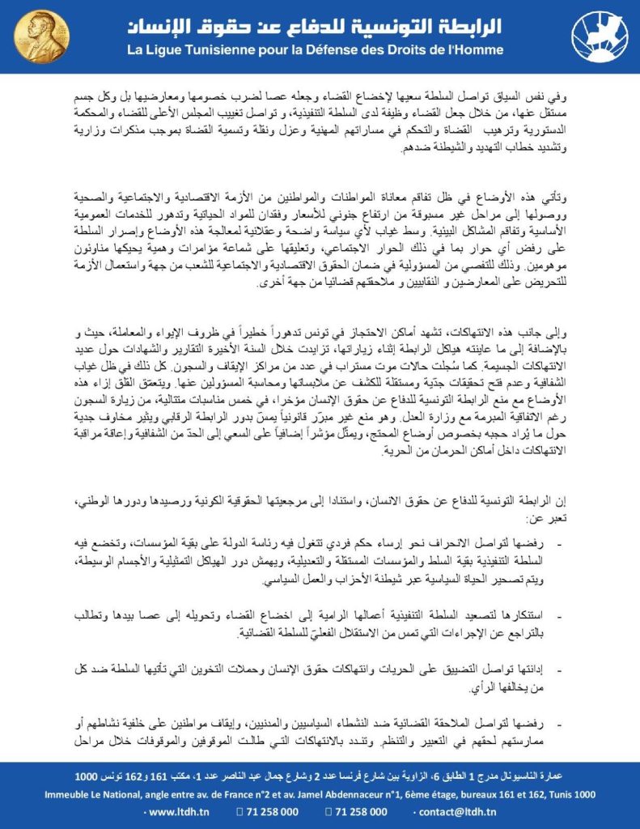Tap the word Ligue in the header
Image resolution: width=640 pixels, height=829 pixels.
(x=173, y=50)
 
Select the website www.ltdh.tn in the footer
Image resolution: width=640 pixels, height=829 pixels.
(x=176, y=812)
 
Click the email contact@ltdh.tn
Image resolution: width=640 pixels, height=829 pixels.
(x=464, y=812)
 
